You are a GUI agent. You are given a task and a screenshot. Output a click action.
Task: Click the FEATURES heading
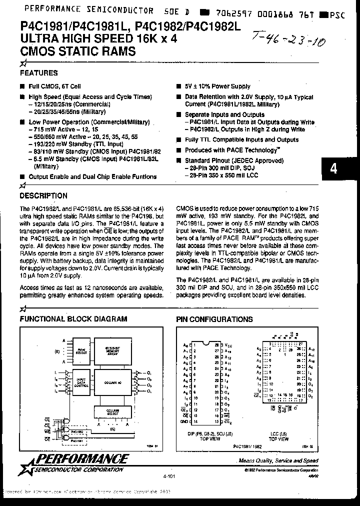tap(38, 73)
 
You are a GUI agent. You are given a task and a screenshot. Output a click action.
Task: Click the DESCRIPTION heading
tap(43, 196)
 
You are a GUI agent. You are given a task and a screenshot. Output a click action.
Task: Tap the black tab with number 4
tap(333, 168)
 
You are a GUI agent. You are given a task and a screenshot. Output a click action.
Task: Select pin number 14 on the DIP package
tap(195, 422)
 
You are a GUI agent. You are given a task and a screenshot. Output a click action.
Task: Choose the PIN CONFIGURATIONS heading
tap(214, 319)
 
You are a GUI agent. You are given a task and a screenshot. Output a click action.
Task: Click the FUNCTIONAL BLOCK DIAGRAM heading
tap(73, 319)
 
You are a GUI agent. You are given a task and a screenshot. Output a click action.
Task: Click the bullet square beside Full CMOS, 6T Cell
tap(22, 86)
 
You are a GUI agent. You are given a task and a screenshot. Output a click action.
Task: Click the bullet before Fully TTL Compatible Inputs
tap(178, 140)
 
